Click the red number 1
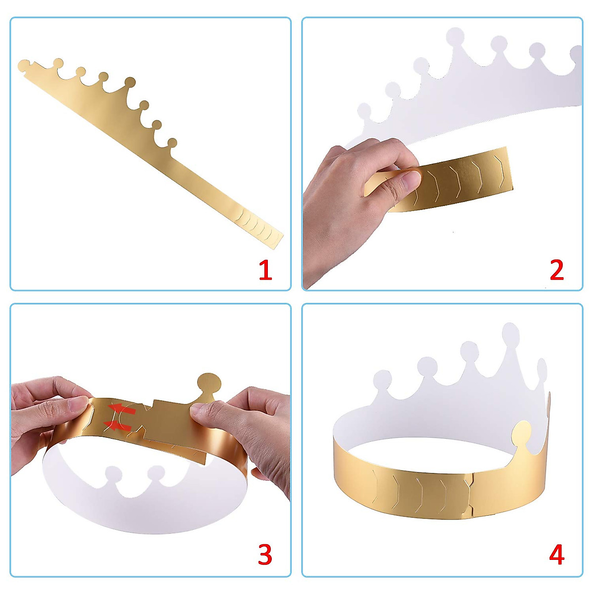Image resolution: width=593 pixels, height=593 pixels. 265,271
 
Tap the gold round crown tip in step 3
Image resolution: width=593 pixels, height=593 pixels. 208,383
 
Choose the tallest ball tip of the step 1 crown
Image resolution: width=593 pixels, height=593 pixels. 130,82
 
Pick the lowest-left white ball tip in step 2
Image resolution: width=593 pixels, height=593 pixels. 364,111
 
